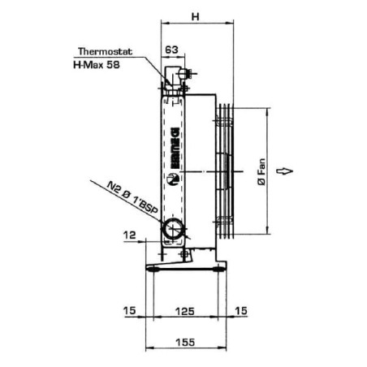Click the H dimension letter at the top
pyautogui.click(x=195, y=15)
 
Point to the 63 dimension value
pyautogui.click(x=171, y=50)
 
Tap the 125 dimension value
pyautogui.click(x=188, y=311)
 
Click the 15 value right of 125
pyautogui.click(x=240, y=311)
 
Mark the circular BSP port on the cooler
pyautogui.click(x=172, y=230)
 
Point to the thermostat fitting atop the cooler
pyautogui.click(x=175, y=79)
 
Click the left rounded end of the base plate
pyautogui.click(x=151, y=269)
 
